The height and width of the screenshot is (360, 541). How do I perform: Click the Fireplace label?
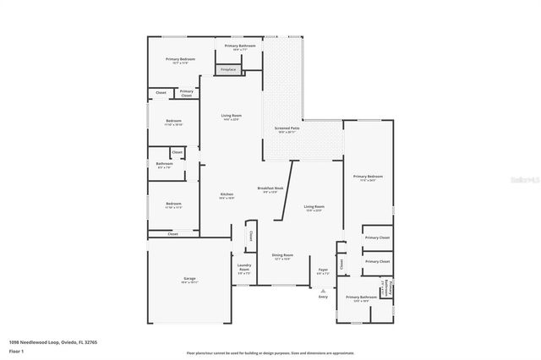click(x=228, y=70)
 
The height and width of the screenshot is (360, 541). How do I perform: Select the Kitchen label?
click(x=227, y=195)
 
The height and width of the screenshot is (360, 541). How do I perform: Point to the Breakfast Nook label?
click(x=270, y=189)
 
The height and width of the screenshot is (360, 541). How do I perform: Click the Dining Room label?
click(x=282, y=256)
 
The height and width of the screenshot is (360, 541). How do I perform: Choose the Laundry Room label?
click(x=243, y=270)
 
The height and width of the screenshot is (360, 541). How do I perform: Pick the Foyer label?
click(x=323, y=271)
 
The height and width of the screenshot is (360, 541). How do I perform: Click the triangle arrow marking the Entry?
click(x=323, y=289)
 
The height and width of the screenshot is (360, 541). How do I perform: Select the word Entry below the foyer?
click(x=323, y=297)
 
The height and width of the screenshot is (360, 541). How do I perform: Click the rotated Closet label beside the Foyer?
click(x=341, y=264)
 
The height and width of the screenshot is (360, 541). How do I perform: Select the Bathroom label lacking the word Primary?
click(x=164, y=165)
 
